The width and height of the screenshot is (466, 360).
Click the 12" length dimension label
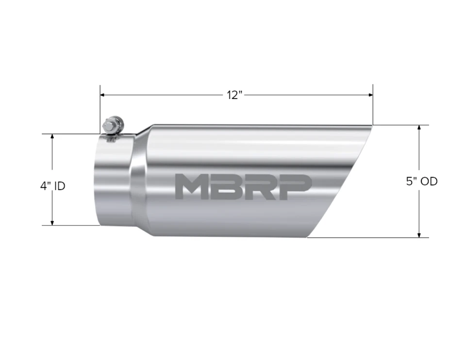pos(234,95)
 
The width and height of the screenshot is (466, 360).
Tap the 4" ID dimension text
pos(52,186)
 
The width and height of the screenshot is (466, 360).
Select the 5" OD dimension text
pos(421,181)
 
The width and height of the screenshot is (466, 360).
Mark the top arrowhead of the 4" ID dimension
pos(52,137)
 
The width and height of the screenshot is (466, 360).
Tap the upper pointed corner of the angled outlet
pos(371,126)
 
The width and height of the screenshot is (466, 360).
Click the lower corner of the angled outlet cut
pos(308,237)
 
